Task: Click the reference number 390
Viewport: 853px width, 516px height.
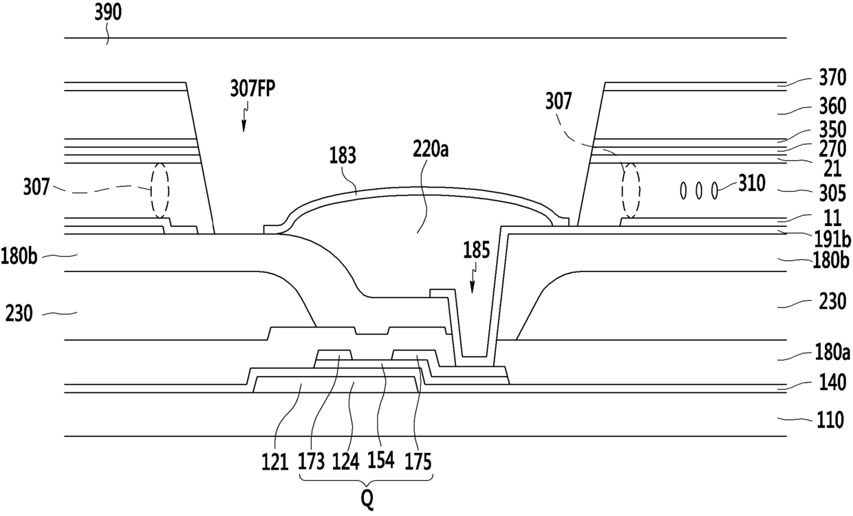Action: pos(108,12)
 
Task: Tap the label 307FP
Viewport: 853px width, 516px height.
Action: pos(252,89)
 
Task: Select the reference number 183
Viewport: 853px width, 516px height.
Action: pos(343,155)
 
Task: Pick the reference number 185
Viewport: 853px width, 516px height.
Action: pos(477,251)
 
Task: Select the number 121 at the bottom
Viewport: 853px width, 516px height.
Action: pos(275,462)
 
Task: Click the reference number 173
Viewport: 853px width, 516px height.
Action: pos(312,462)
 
